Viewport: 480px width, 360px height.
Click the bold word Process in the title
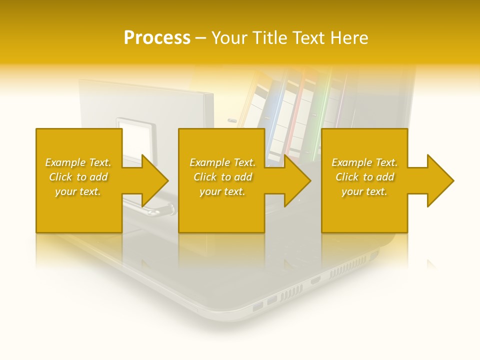pyautogui.click(x=157, y=38)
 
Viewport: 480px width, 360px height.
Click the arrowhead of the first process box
pyautogui.click(x=154, y=180)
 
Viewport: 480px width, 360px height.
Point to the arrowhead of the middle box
pyautogui.click(x=297, y=180)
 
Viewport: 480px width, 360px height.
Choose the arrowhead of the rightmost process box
pyautogui.click(x=440, y=180)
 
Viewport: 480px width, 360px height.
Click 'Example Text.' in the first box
pyautogui.click(x=78, y=162)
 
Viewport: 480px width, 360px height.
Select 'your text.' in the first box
pyautogui.click(x=78, y=191)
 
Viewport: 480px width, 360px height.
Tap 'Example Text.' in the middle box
pyautogui.click(x=222, y=162)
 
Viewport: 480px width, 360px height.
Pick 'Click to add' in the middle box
pyautogui.click(x=222, y=177)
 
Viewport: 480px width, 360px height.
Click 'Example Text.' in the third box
pyautogui.click(x=364, y=162)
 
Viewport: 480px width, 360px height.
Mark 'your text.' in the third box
pyautogui.click(x=364, y=191)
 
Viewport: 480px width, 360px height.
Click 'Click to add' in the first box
pyautogui.click(x=78, y=177)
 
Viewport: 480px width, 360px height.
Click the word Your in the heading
pyautogui.click(x=229, y=38)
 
